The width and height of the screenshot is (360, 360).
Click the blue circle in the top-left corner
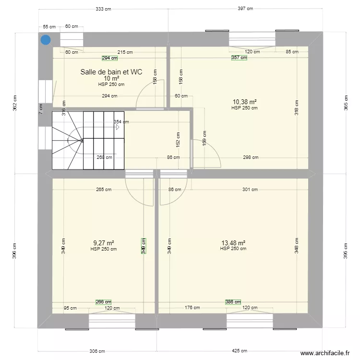[45, 40]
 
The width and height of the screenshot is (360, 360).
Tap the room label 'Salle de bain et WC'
[111, 72]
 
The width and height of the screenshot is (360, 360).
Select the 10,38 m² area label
[244, 102]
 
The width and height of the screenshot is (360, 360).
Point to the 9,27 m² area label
[103, 243]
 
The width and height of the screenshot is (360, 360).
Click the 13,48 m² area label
[233, 243]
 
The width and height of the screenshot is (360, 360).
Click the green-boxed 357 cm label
[239, 58]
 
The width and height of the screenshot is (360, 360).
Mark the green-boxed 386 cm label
[233, 302]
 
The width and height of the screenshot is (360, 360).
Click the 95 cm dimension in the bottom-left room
[70, 308]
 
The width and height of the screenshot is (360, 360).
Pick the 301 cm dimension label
[250, 190]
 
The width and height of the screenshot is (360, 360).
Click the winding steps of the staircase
[67, 140]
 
